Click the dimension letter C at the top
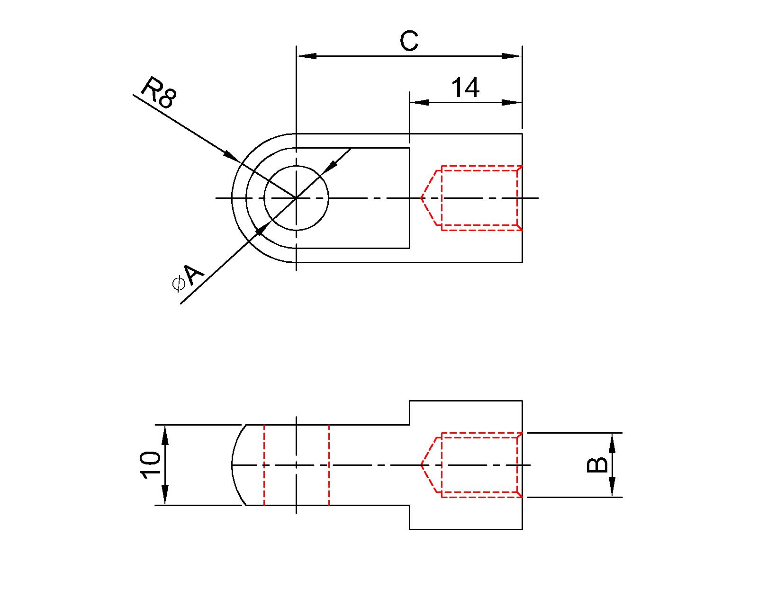409,41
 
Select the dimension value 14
465,88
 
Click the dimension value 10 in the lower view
151,465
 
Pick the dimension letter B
597,465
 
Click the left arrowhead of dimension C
306,56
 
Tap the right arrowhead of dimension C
512,56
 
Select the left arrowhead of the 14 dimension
419,102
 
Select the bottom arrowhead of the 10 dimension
165,496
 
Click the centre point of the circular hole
296,198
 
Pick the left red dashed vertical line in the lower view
264,465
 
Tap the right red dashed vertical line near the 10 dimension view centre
329,465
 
